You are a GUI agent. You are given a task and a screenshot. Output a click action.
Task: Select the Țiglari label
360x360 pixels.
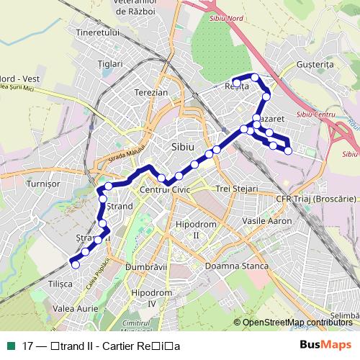tap(111, 64)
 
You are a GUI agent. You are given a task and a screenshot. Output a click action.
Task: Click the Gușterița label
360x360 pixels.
tap(315, 64)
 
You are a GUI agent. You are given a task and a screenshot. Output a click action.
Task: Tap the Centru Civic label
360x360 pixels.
tap(163, 189)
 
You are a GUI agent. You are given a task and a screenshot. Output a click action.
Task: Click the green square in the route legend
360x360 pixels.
tap(11, 345)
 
